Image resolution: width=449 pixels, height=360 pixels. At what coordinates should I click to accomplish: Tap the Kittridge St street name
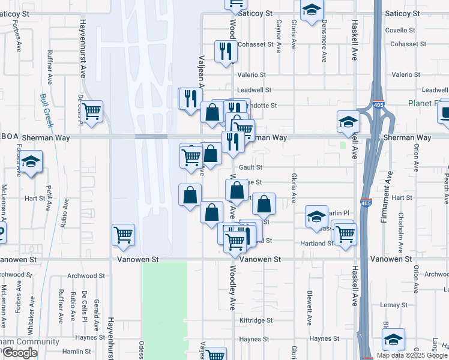(256, 321)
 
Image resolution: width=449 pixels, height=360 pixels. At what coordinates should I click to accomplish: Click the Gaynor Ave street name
(279, 37)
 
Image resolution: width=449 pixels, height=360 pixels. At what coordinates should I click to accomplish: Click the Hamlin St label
(76, 352)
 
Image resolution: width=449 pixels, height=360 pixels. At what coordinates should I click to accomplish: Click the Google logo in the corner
(20, 353)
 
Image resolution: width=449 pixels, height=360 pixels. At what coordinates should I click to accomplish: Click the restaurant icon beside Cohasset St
(226, 50)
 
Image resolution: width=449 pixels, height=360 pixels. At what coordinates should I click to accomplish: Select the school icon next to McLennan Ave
(31, 163)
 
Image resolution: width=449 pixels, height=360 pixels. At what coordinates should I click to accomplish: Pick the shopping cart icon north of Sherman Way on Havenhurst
(92, 111)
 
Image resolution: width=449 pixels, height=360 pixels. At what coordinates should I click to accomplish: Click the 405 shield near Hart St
(366, 203)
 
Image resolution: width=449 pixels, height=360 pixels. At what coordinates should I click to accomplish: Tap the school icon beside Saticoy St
(311, 10)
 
